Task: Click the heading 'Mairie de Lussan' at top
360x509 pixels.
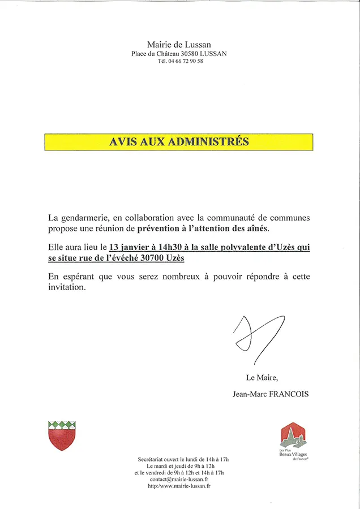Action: tap(179, 44)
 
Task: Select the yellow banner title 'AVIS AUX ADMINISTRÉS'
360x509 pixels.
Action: tap(179, 142)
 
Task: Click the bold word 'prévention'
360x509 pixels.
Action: tap(161, 228)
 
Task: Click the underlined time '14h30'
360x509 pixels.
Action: tap(170, 247)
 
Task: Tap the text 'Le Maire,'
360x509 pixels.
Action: tap(262, 378)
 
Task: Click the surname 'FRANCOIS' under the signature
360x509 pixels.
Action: tap(290, 394)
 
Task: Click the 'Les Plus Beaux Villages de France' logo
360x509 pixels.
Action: tap(293, 442)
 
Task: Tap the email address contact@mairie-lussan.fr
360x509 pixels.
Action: tap(179, 479)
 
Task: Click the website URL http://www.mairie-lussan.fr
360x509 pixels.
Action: tap(179, 486)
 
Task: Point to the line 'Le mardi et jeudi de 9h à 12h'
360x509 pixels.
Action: tap(179, 465)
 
